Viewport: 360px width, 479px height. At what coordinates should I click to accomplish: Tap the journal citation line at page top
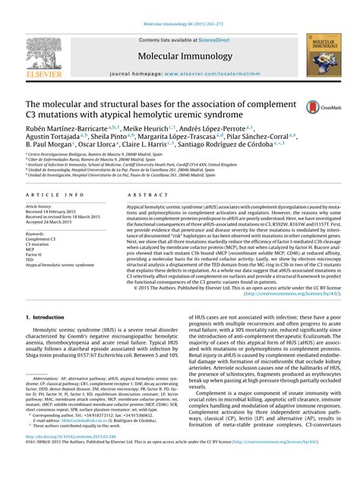click(179, 7)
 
